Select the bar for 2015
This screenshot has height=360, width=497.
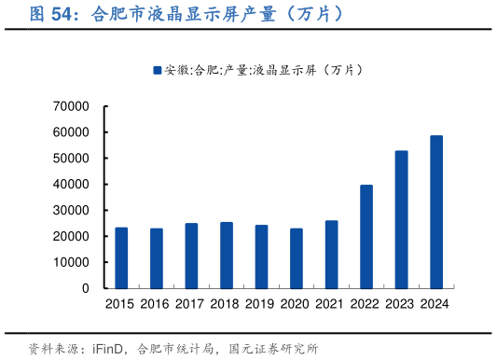(121, 257)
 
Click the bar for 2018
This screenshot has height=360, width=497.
(227, 255)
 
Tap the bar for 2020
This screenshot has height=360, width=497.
(297, 258)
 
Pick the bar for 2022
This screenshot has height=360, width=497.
(366, 236)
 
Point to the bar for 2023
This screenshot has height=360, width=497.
(402, 219)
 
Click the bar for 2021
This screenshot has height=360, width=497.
(332, 254)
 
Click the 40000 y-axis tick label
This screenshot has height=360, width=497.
(71, 185)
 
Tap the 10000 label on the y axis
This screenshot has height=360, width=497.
(71, 263)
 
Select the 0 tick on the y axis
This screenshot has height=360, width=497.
(84, 289)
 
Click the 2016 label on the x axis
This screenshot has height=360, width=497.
(156, 304)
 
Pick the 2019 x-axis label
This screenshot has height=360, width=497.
(261, 304)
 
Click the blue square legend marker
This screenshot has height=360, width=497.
(157, 70)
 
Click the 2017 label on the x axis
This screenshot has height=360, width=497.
(191, 304)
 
